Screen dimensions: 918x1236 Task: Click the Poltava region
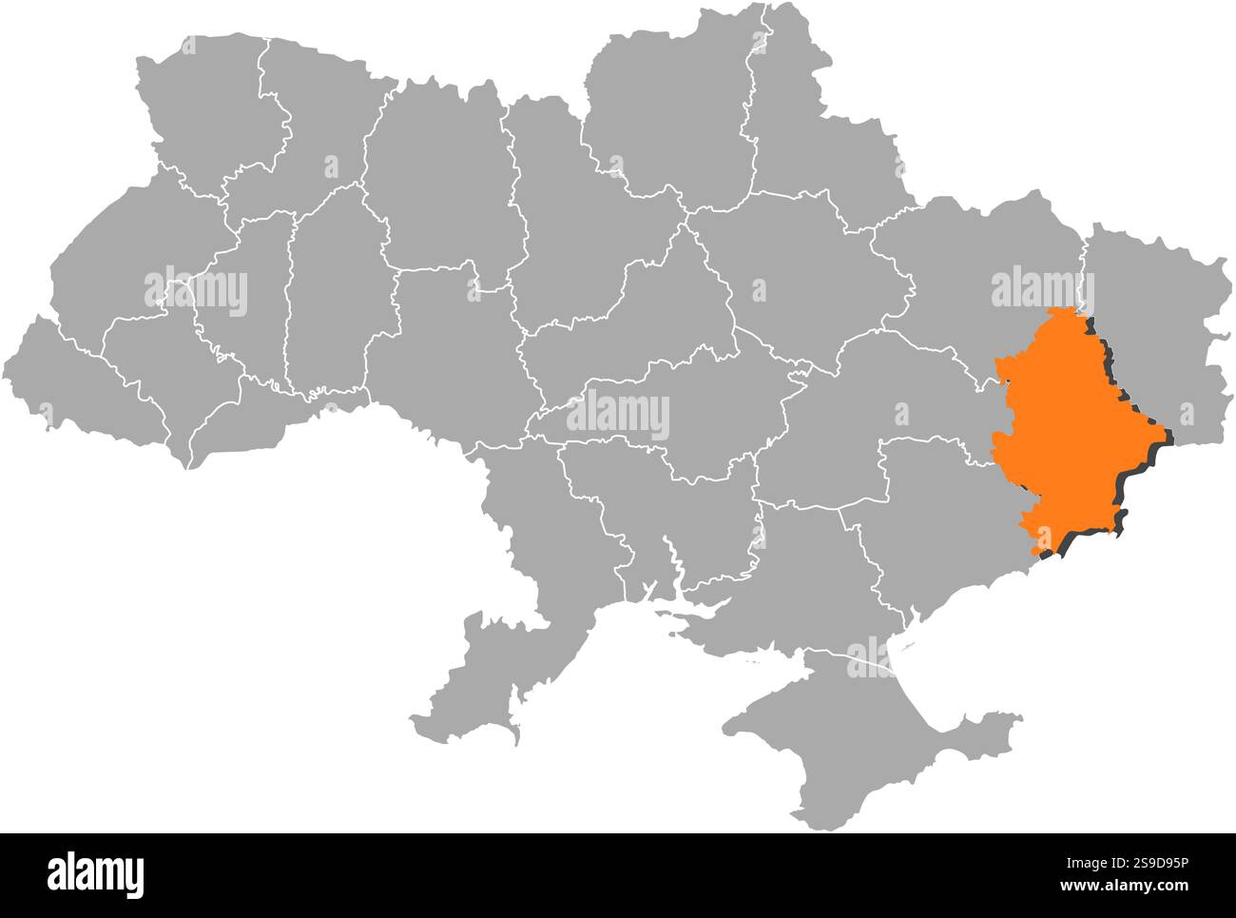(799, 276)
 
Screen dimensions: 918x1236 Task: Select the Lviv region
(124, 257)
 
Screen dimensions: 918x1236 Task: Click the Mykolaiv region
(666, 514)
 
